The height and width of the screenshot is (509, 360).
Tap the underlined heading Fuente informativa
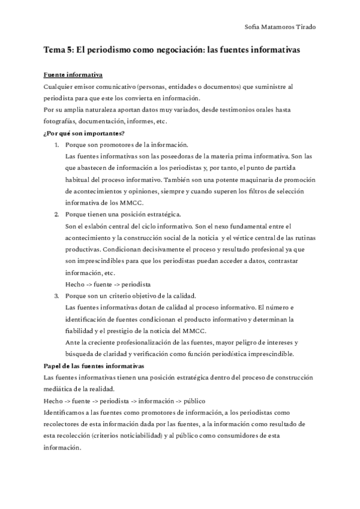pyautogui.click(x=73, y=75)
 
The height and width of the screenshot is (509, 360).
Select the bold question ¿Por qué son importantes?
pyautogui.click(x=84, y=133)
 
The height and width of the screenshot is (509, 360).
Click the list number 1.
pyautogui.click(x=57, y=145)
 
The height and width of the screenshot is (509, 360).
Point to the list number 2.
pyautogui.click(x=57, y=214)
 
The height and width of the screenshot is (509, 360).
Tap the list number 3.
pyautogui.click(x=57, y=296)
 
